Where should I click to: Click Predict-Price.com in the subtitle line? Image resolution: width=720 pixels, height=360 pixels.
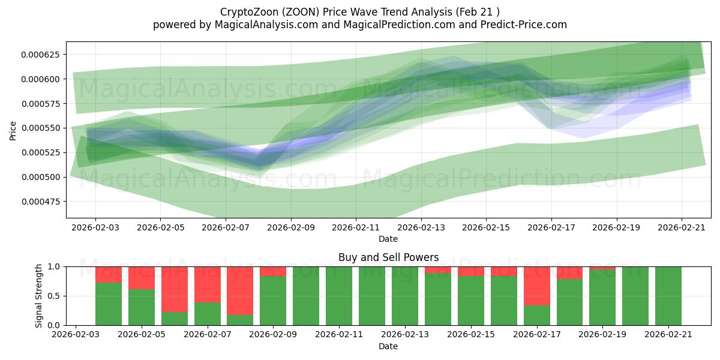point(522,25)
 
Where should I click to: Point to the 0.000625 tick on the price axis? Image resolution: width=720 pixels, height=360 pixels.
point(43,55)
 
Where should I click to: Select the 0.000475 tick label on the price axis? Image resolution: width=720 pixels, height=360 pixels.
point(43,202)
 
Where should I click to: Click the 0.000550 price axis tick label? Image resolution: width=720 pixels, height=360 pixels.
point(43,128)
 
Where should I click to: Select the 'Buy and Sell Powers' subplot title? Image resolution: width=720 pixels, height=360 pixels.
point(388,257)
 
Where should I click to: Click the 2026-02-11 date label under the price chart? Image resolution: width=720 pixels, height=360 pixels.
point(356,228)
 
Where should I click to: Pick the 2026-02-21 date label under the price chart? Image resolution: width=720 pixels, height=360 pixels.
point(681,228)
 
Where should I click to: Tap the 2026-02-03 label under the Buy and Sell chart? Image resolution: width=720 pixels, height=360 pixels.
point(76,335)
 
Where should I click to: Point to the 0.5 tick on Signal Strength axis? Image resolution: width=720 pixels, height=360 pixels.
point(55,296)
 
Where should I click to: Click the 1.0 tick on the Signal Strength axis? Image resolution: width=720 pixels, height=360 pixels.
point(55,266)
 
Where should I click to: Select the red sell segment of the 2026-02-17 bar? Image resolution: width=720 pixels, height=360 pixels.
point(537,286)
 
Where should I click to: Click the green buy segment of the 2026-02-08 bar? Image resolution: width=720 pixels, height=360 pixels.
point(240,320)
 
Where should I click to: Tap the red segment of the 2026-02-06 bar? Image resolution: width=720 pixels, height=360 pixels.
point(175,289)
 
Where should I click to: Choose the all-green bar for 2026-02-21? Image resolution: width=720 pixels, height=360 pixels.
point(668,296)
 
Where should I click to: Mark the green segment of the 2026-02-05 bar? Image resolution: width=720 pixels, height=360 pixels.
point(142,307)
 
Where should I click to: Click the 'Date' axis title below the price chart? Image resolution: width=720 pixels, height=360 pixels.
point(388,239)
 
